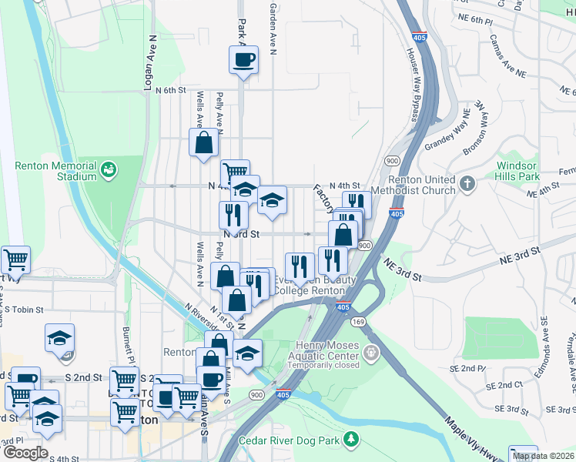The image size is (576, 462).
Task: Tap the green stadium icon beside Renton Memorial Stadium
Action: point(109,167)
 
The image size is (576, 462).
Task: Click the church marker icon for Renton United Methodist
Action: point(466,184)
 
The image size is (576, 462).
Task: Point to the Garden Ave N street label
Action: point(273,22)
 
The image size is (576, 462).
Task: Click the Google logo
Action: point(25,453)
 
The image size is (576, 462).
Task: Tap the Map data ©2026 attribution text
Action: point(544,456)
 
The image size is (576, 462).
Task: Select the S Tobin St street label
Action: point(22,310)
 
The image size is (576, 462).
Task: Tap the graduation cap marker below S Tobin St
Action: point(59,338)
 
